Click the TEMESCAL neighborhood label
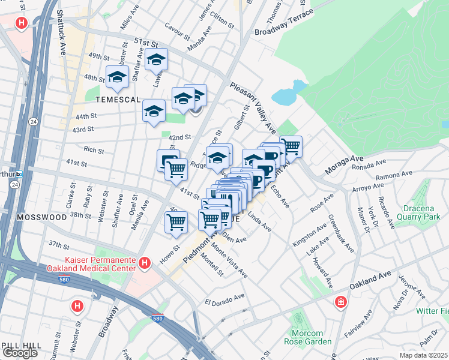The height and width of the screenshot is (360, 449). pos(112,100)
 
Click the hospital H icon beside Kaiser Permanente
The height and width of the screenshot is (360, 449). pos(144,263)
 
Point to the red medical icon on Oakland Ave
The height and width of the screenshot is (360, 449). pos(341,301)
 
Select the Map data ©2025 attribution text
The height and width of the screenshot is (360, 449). pos(423,355)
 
